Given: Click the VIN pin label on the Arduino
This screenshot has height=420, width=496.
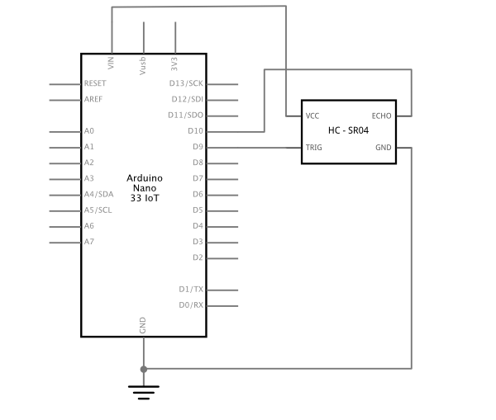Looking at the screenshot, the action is (111, 63).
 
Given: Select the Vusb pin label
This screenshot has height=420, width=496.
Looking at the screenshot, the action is (143, 66).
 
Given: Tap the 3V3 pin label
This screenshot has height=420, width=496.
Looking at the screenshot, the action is (174, 64).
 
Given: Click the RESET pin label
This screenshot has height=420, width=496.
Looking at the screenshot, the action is (95, 83).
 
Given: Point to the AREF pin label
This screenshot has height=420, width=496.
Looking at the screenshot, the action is (93, 99).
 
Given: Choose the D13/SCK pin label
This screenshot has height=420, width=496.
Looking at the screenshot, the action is (186, 83).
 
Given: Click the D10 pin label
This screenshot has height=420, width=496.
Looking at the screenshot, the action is (195, 130).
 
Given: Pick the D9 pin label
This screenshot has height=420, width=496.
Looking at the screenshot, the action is (198, 147).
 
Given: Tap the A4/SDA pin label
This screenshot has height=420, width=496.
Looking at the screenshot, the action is (98, 194).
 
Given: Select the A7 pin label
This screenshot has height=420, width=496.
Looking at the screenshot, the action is (89, 242).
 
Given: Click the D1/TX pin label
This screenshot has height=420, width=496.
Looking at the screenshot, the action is (191, 290).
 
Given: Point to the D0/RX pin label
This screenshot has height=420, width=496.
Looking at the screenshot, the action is (191, 305).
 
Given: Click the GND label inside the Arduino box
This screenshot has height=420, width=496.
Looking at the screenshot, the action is (143, 325).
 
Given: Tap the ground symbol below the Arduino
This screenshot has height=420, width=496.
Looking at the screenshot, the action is (144, 392).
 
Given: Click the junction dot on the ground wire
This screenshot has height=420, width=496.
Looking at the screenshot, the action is (144, 369).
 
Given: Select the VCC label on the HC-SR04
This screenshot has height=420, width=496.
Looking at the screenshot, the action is (312, 116).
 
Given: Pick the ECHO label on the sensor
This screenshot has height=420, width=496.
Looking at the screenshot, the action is (381, 116).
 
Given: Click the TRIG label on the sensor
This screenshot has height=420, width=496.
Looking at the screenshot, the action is (314, 148).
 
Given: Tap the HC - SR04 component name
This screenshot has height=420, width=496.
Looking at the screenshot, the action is (348, 130).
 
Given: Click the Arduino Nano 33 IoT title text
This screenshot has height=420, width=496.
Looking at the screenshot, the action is (145, 188).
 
